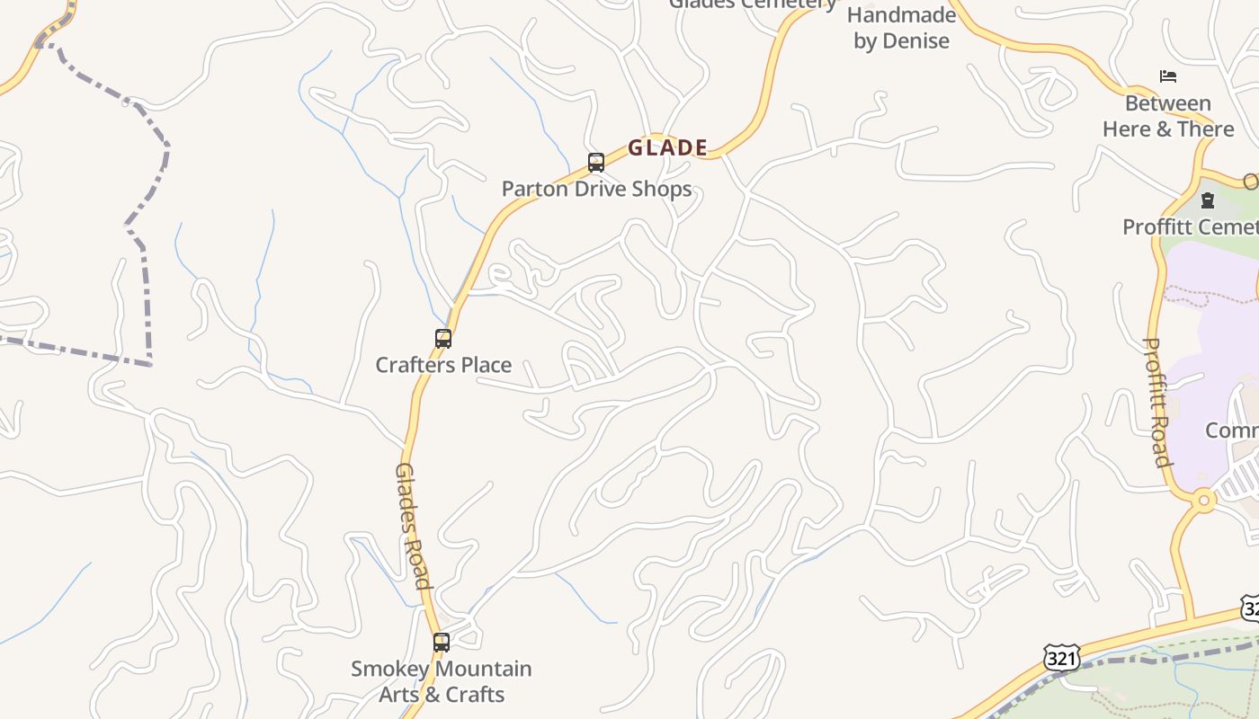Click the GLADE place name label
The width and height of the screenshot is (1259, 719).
click(x=667, y=148)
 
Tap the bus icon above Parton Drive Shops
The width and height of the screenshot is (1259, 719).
click(x=596, y=163)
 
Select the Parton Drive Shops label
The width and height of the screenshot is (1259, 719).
click(x=596, y=189)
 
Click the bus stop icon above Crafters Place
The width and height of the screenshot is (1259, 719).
click(x=443, y=339)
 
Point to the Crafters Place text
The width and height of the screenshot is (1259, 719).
click(x=443, y=365)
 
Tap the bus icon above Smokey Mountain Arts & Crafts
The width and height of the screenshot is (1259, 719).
click(x=441, y=643)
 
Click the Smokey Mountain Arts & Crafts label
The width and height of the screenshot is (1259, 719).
click(x=441, y=681)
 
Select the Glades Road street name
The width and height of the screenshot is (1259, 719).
click(x=413, y=526)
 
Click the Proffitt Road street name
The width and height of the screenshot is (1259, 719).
click(x=1157, y=402)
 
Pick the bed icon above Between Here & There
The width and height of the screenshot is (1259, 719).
click(x=1168, y=76)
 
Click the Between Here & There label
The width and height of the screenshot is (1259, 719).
click(x=1168, y=116)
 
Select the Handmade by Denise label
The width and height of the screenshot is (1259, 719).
click(x=901, y=28)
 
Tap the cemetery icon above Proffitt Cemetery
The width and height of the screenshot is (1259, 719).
click(x=1208, y=200)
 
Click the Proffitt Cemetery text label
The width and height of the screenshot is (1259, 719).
click(x=1190, y=226)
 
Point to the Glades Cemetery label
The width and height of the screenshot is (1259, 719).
click(x=753, y=4)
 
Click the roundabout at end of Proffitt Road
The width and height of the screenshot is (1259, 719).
click(x=1202, y=501)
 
